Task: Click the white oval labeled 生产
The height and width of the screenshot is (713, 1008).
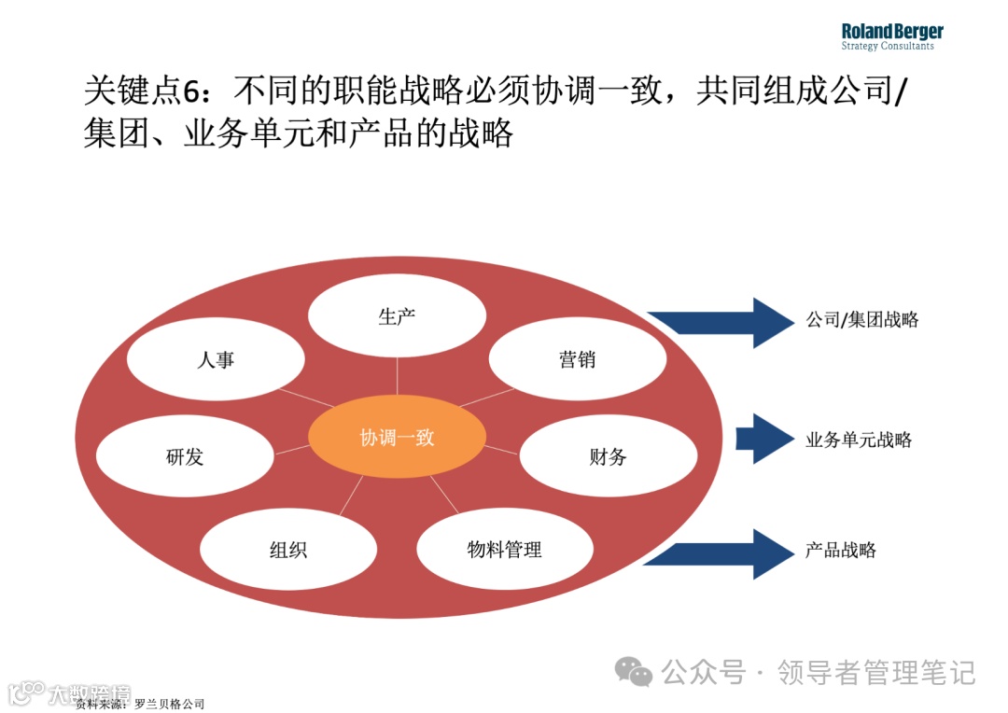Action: [397, 317]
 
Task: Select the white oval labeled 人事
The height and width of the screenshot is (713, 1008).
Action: [216, 360]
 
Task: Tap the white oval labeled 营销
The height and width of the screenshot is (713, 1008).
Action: [578, 360]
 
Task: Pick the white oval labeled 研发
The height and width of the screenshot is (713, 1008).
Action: [185, 457]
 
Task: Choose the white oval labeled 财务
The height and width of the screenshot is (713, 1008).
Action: [608, 457]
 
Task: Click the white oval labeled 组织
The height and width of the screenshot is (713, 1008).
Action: [288, 550]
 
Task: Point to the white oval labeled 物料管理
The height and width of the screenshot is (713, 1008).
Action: [505, 550]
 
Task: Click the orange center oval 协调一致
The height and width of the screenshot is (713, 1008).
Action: [398, 438]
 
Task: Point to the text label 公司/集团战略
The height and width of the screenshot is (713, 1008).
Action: [862, 320]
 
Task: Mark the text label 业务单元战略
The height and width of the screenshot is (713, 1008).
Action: [859, 440]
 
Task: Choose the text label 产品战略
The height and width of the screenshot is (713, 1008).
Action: [841, 550]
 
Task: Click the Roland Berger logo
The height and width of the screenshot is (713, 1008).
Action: [891, 32]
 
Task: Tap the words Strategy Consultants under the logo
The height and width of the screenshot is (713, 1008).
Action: [887, 47]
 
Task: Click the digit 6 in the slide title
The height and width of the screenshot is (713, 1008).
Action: [191, 91]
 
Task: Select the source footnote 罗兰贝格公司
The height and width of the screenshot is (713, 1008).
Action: [169, 704]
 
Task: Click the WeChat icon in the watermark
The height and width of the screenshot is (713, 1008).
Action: [635, 671]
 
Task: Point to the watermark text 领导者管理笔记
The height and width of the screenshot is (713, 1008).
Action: [876, 672]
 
